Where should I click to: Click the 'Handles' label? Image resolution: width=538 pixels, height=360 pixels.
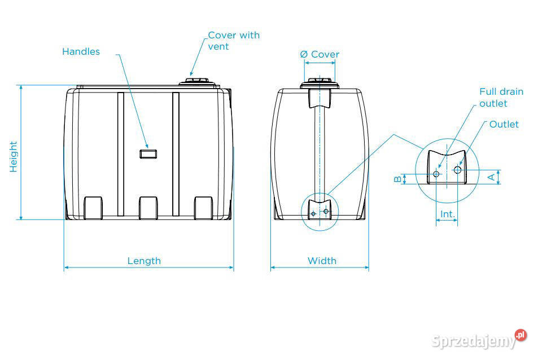[x=81, y=51]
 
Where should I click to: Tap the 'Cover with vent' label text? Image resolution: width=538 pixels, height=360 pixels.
[x=233, y=41]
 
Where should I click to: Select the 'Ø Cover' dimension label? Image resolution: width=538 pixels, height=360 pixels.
[x=320, y=54]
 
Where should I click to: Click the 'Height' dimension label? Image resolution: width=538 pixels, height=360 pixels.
[x=14, y=156]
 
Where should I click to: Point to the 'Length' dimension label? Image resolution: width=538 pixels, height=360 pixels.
[x=144, y=261]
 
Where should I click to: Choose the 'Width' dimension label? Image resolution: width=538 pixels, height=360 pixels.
[x=322, y=261]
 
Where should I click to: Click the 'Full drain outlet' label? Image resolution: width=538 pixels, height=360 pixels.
[x=501, y=97]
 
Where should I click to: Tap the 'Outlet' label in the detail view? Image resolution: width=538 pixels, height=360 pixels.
[x=504, y=124]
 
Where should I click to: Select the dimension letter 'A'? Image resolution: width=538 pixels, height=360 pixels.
[x=491, y=177]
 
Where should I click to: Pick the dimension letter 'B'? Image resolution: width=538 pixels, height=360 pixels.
[x=397, y=179]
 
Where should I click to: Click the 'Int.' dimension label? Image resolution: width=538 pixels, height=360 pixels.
[x=447, y=214]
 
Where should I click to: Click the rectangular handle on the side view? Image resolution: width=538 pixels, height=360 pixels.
[x=148, y=153]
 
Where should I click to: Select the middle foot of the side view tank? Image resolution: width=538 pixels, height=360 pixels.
[x=149, y=208]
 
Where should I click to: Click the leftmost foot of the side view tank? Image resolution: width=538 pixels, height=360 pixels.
[x=93, y=208]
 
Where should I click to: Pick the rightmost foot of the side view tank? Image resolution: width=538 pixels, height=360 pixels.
[x=204, y=208]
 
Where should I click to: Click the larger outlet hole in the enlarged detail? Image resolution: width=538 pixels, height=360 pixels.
[x=457, y=169]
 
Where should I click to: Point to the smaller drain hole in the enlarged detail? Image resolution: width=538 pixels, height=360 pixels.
[x=436, y=174]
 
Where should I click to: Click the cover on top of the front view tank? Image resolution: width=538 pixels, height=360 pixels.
[x=320, y=85]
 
